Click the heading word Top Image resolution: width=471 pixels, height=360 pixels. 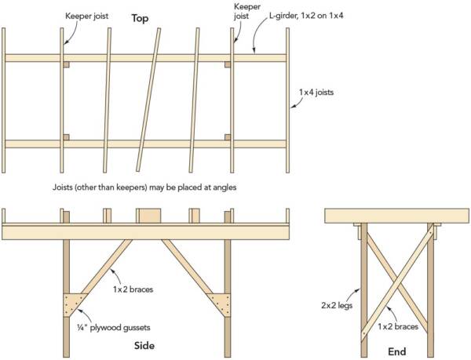point(140,17)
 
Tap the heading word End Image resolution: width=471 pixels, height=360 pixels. point(397,352)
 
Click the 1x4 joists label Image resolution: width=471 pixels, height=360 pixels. point(316,92)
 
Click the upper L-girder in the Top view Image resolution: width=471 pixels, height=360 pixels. point(145,57)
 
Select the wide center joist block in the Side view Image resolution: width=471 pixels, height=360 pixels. point(148,216)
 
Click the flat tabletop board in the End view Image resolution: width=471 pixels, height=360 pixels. point(397,216)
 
